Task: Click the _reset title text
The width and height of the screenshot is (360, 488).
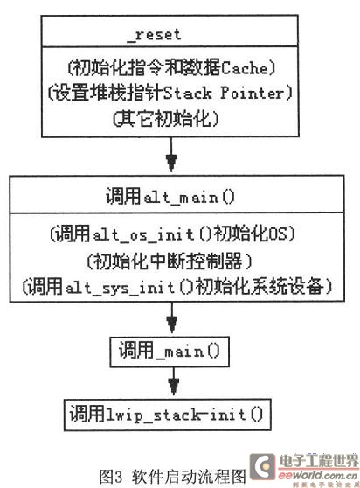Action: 155,35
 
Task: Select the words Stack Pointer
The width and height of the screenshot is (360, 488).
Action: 223,93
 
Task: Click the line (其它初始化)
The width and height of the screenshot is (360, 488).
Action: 166,119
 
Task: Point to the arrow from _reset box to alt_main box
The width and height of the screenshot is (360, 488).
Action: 171,155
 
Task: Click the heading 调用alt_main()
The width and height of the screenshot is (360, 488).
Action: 170,197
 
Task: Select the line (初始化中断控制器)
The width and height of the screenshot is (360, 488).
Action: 170,261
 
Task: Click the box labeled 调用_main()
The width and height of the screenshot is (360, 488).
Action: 170,352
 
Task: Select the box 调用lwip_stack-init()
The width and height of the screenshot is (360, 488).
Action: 168,415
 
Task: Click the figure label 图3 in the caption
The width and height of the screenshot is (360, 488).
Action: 110,477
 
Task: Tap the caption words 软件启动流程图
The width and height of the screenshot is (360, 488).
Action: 189,477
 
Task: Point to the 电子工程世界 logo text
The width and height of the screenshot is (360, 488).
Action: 319,461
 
